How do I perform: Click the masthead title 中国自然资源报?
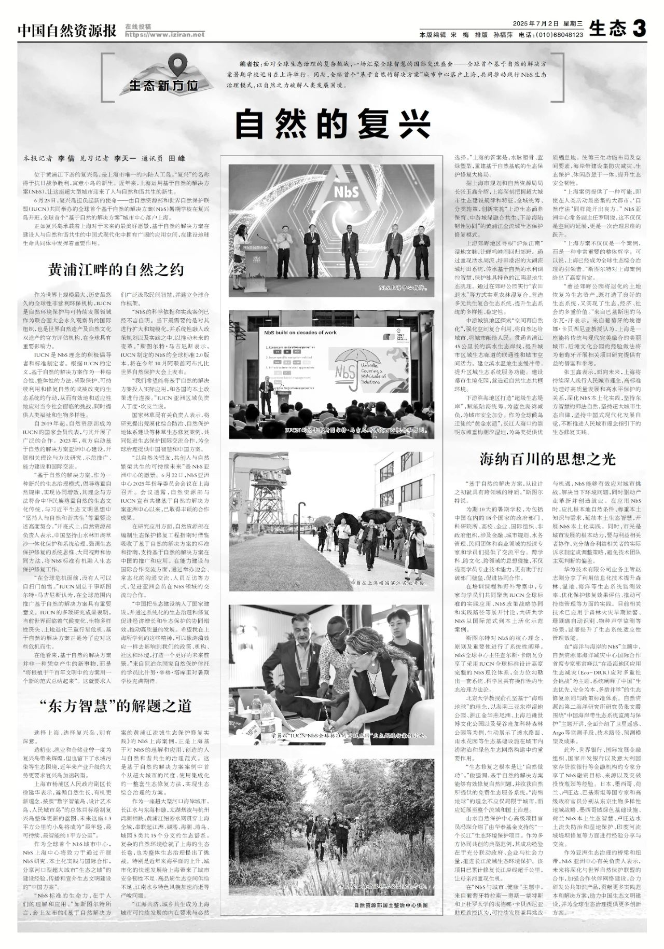point(67,31)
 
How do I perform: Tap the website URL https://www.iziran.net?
point(164,35)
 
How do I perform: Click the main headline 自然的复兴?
point(333,123)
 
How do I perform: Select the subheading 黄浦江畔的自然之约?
point(116,270)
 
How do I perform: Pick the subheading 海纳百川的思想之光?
point(547,459)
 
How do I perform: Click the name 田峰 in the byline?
point(177,158)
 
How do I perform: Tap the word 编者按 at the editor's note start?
point(250,63)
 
